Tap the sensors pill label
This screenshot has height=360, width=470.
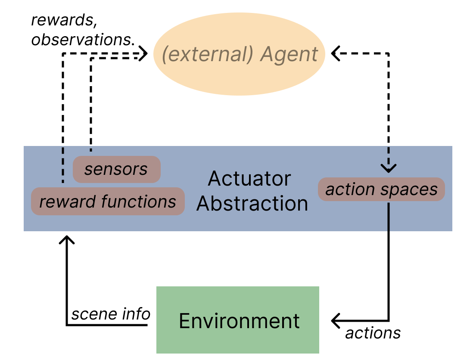click(116, 169)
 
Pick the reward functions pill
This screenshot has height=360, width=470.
click(108, 201)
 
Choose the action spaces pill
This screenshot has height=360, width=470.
click(381, 189)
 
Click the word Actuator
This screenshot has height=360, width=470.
click(249, 178)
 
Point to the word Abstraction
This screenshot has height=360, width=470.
click(252, 204)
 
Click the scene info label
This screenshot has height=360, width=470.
click(111, 314)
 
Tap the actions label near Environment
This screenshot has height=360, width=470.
click(373, 332)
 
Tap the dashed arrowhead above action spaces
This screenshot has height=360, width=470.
click(389, 168)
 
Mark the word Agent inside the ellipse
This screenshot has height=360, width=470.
click(289, 55)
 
